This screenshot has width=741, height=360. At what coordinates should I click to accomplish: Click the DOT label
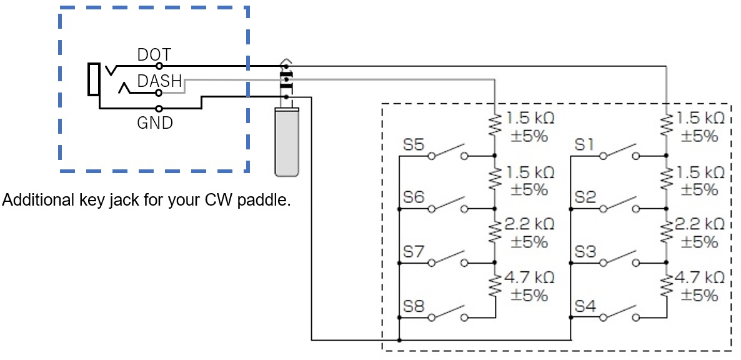154,55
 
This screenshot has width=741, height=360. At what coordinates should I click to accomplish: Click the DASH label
159,81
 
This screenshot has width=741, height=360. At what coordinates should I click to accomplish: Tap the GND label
154,123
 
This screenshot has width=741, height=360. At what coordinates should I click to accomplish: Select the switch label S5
414,146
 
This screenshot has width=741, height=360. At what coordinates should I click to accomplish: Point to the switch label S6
414,198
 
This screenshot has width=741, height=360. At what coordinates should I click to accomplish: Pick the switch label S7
414,252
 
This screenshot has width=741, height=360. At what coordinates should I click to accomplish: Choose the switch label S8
414,306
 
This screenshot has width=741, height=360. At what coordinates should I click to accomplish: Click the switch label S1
584,146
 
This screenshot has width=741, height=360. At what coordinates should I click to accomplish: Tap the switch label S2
585,198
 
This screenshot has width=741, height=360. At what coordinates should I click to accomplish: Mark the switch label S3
585,252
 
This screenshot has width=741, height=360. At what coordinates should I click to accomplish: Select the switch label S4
585,306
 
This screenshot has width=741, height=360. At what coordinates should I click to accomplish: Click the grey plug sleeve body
287,141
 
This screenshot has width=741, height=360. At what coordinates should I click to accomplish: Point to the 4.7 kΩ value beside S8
529,277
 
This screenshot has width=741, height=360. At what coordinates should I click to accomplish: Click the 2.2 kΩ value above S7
529,224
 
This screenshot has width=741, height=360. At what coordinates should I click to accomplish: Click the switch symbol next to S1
619,152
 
